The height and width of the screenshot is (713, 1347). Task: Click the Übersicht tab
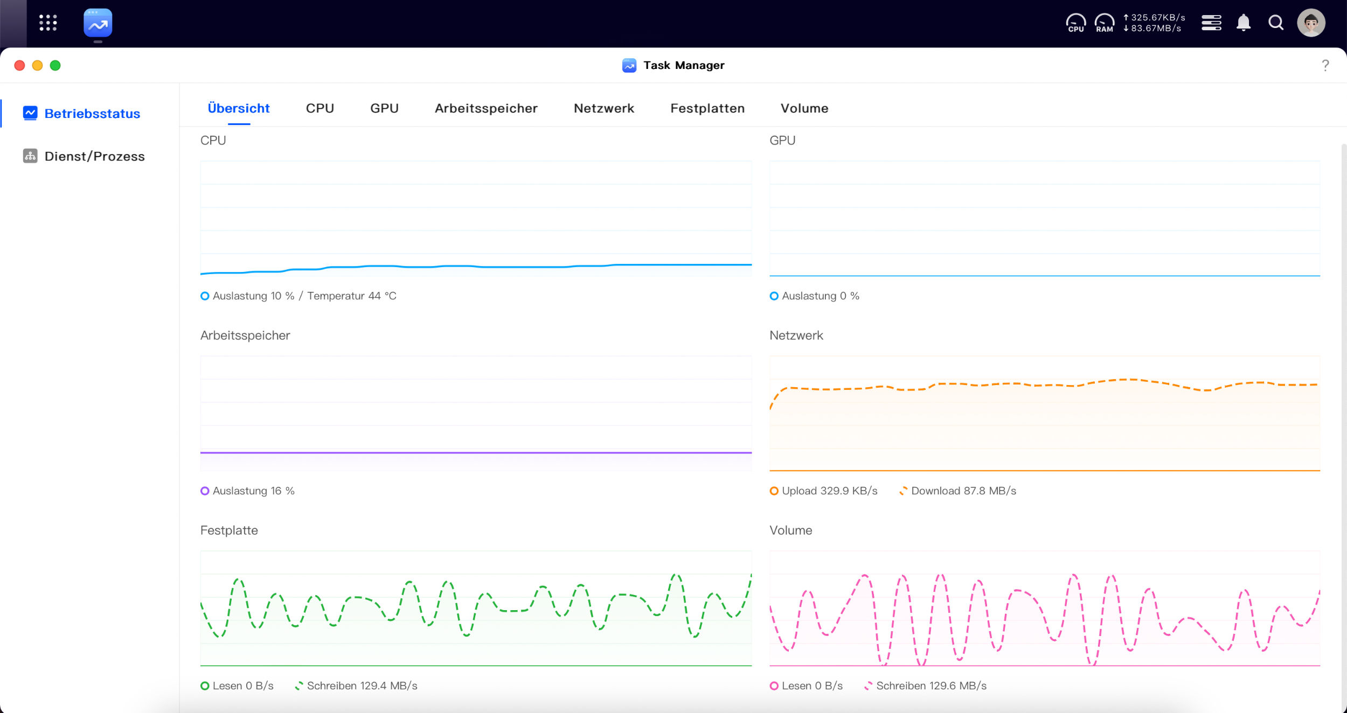pos(239,108)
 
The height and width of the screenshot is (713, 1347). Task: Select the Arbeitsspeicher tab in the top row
pos(486,108)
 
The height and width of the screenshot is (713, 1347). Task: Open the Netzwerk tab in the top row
pos(604,108)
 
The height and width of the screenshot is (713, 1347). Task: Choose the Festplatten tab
pos(707,108)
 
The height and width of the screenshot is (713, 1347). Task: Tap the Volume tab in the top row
pos(804,108)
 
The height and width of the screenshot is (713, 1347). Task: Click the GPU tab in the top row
pos(384,108)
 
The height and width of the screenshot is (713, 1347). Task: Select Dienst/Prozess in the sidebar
pos(84,156)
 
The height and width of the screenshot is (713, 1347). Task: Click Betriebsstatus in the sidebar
pos(82,114)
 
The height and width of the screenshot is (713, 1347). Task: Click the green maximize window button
pos(55,66)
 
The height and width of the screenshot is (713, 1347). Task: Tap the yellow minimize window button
pos(37,66)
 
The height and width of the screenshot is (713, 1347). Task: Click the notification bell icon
pos(1244,23)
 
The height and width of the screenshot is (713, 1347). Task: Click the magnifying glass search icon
pos(1276,23)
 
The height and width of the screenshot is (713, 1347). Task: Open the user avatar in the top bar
pos(1311,23)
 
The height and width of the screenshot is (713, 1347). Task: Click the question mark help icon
pos(1325,66)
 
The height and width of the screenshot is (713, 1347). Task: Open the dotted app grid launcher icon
pos(48,23)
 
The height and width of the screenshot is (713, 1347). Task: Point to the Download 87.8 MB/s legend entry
pos(957,491)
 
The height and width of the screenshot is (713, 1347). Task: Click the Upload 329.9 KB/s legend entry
pos(824,491)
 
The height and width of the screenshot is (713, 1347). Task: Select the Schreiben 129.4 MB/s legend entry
pos(356,686)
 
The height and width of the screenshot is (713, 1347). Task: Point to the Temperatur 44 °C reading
pos(352,296)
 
